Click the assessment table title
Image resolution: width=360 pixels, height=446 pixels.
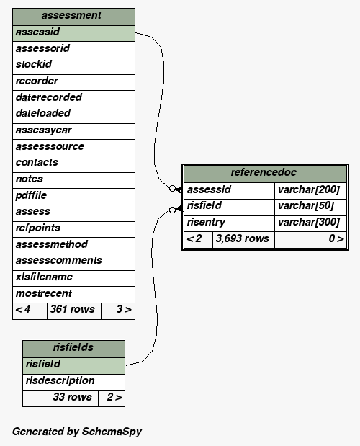tap(71, 15)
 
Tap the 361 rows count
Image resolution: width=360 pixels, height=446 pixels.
tap(73, 309)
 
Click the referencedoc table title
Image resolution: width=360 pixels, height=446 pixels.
tap(264, 172)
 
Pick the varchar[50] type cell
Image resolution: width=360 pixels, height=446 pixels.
tap(306, 205)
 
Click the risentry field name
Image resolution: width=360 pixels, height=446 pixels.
tap(206, 222)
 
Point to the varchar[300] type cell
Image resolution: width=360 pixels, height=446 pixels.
tap(309, 222)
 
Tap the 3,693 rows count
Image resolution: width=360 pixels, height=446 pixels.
tap(243, 238)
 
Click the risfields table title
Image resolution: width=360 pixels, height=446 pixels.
tap(73, 347)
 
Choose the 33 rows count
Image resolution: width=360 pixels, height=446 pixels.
tap(73, 397)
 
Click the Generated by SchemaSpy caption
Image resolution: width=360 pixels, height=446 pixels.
tap(77, 432)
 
